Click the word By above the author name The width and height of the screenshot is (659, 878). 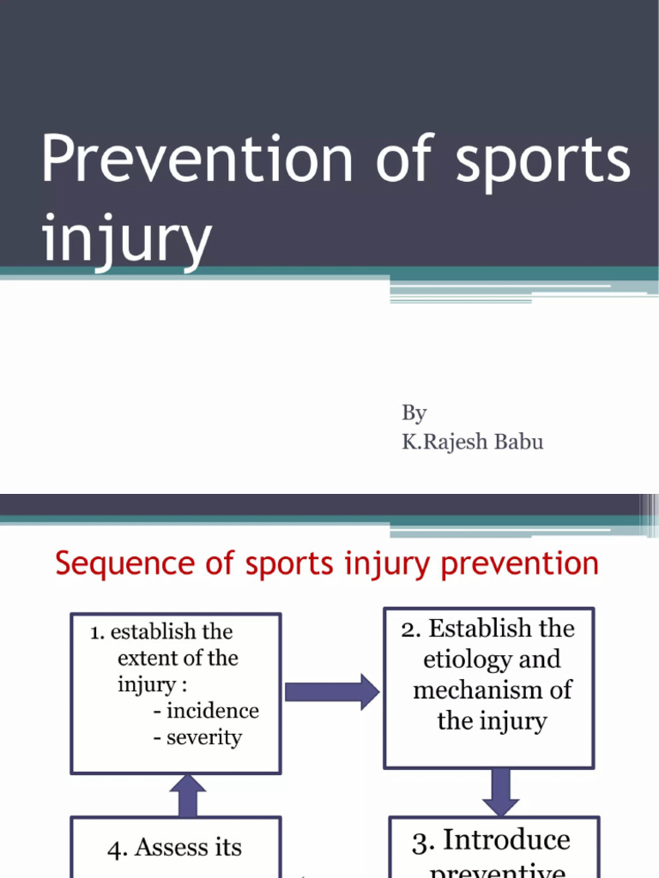(x=414, y=414)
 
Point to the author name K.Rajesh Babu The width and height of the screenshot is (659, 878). (x=472, y=442)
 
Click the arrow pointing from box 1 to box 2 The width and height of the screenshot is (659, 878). (x=330, y=691)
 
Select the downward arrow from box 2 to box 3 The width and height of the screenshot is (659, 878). (x=500, y=791)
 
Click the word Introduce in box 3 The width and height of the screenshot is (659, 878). (x=506, y=840)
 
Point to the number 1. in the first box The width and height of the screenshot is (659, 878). (x=98, y=633)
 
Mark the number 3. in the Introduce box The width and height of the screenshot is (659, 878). (x=421, y=842)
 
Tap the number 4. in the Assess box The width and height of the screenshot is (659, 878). (x=118, y=849)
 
